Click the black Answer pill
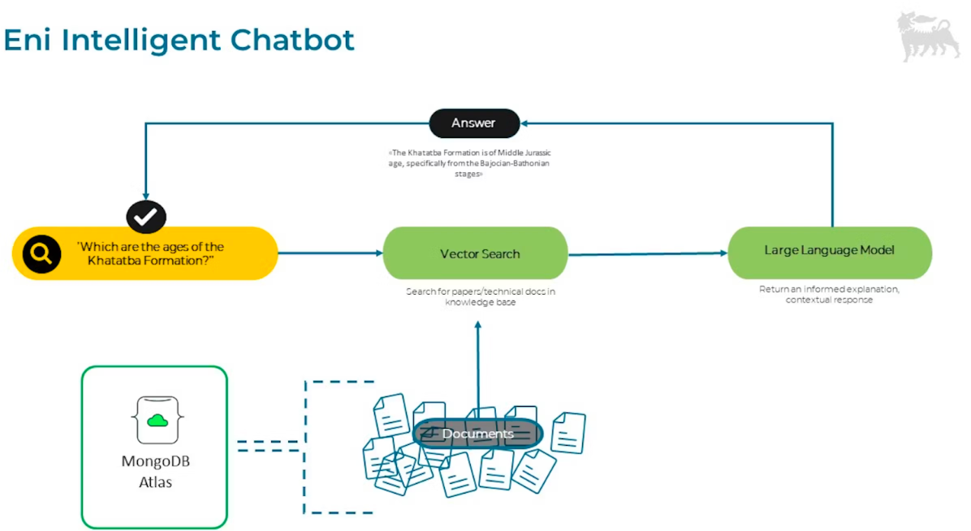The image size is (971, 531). pyautogui.click(x=473, y=123)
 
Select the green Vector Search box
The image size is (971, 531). pyautogui.click(x=475, y=254)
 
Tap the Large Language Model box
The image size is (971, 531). pyautogui.click(x=829, y=251)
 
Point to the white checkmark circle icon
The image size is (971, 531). pyautogui.click(x=146, y=217)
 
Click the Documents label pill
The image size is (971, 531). pyautogui.click(x=477, y=434)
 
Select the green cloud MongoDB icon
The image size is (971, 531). pyautogui.click(x=158, y=420)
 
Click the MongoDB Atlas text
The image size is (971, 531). pyautogui.click(x=155, y=472)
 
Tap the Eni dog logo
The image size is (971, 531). pyautogui.click(x=927, y=37)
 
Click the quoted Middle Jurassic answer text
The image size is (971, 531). pyautogui.click(x=473, y=162)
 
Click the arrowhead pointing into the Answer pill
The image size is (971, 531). pyautogui.click(x=525, y=123)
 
